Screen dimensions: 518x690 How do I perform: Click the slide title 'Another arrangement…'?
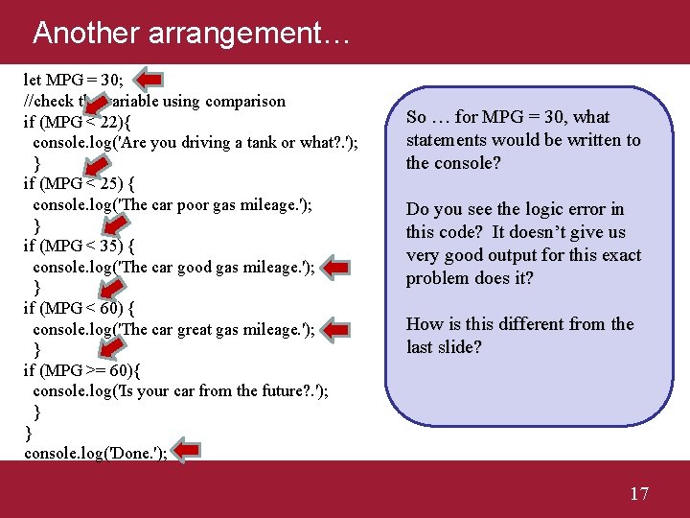point(192,33)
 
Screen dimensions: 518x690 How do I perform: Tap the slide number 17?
point(639,494)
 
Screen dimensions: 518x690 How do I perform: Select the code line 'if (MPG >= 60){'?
point(82,370)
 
